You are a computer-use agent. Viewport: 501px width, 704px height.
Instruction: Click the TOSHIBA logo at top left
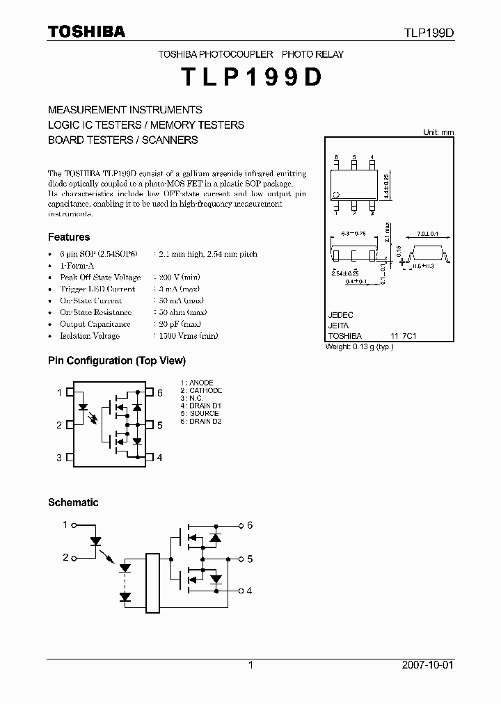coord(86,31)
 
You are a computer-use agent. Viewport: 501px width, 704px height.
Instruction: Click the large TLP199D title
coord(250,78)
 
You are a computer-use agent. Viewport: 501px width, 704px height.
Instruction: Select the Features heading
coord(69,237)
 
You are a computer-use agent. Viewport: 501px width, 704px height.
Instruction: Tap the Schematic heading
coord(73,502)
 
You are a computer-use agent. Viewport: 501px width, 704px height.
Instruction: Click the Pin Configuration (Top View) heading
coord(117,360)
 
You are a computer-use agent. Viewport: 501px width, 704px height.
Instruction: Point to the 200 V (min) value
coord(177,278)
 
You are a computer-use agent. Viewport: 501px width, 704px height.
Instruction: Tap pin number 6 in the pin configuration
coord(159,393)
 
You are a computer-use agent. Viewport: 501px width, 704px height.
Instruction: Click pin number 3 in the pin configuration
coord(59,458)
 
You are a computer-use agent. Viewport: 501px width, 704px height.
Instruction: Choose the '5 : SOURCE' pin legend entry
coord(200,414)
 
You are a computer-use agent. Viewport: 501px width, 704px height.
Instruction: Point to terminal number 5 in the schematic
coord(249,559)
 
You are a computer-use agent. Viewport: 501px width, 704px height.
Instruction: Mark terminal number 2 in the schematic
coord(66,558)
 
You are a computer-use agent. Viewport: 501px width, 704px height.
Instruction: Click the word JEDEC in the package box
coord(340,315)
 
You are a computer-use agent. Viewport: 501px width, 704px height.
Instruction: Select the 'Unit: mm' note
coord(438,132)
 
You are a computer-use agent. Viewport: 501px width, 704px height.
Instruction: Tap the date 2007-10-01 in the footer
coord(428,665)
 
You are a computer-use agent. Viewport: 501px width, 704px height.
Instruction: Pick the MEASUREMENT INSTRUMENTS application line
coord(125,110)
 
